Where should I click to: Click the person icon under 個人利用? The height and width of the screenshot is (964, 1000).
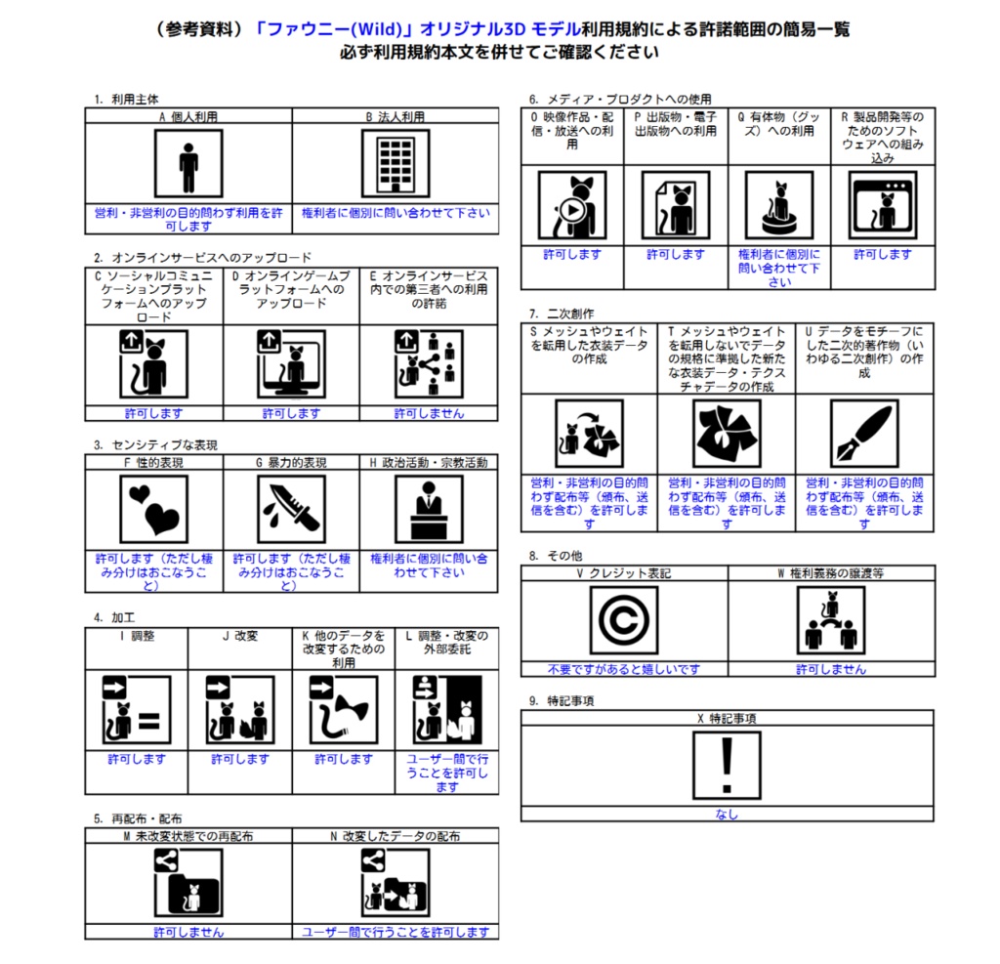[x=188, y=164]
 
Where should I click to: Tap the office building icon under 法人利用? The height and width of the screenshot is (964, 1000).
[x=396, y=164]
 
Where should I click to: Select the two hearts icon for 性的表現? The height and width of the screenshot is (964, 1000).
[x=153, y=509]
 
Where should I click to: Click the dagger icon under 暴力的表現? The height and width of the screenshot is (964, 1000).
[x=291, y=509]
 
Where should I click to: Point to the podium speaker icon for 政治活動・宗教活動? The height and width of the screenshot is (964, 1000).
[x=430, y=509]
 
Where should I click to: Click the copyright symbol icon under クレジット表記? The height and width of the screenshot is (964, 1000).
[x=624, y=620]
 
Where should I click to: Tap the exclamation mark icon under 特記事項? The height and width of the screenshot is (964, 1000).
[x=727, y=765]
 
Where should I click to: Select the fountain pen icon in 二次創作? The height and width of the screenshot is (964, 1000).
[x=864, y=434]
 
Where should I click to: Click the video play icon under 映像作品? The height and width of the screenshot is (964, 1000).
[x=572, y=205]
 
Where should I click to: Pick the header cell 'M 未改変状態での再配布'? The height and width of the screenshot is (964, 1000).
[x=188, y=836]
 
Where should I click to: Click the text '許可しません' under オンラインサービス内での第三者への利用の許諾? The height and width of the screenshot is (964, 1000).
[x=430, y=413]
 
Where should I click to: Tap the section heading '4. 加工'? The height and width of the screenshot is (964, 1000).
[x=114, y=617]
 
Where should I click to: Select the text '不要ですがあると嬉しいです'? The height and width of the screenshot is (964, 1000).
[x=624, y=669]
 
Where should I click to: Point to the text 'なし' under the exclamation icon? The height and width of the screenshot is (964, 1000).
[x=727, y=814]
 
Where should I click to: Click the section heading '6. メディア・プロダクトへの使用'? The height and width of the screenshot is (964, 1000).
[x=620, y=99]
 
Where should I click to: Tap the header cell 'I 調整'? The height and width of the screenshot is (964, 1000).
[x=137, y=636]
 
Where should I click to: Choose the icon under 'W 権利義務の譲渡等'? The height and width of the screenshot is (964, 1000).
[x=831, y=620]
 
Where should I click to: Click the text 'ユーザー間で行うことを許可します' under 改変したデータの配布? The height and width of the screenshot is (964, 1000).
[x=396, y=932]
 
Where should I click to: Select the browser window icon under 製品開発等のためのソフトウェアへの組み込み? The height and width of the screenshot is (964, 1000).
[x=883, y=205]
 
